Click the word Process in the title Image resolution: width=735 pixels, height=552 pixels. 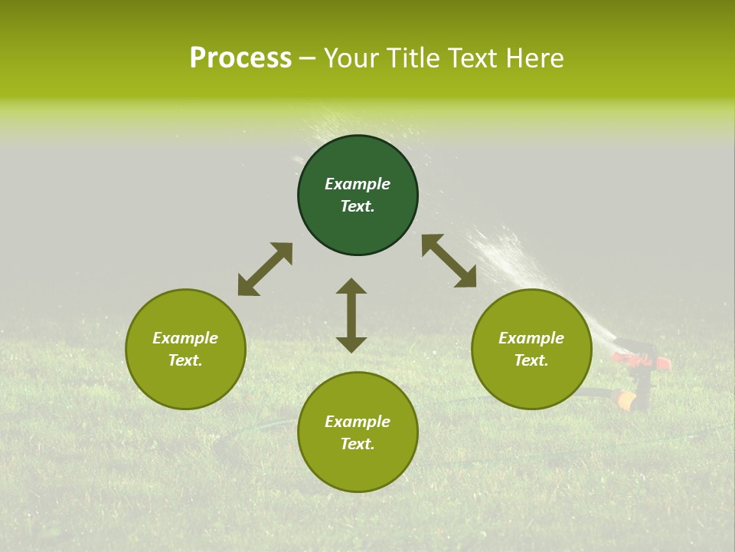click(x=240, y=58)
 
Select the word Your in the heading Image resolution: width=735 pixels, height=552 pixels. click(x=353, y=58)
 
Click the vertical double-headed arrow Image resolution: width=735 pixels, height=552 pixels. click(x=351, y=315)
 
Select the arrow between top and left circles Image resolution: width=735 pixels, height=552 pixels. click(x=265, y=269)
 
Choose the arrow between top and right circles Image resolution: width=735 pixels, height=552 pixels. click(x=449, y=261)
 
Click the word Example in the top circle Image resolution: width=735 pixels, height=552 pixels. click(x=358, y=184)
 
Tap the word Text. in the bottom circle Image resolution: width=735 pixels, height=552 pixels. click(x=358, y=444)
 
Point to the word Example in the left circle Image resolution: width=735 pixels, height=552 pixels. click(x=185, y=338)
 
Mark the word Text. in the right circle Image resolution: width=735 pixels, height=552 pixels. click(x=531, y=360)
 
